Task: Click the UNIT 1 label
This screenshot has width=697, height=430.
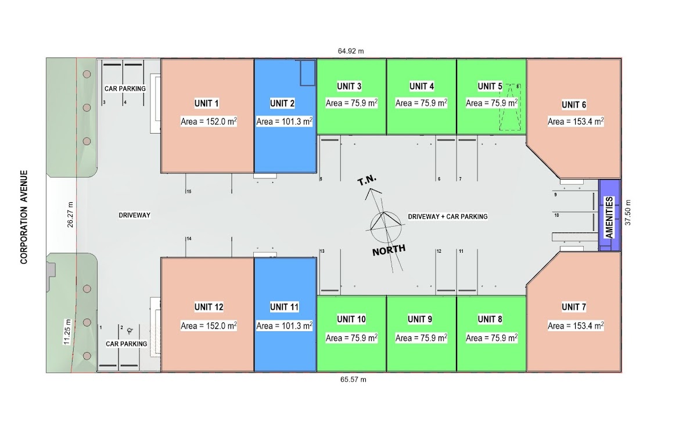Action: coord(206,103)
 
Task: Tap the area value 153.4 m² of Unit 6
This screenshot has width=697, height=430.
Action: coord(576,121)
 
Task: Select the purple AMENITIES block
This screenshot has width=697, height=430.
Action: coord(609,215)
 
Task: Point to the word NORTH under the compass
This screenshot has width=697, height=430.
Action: coord(389,250)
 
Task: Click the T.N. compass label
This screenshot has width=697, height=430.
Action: coord(367,180)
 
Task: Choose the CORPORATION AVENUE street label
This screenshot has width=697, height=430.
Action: coord(24,217)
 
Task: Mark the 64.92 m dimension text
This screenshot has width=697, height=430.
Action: coord(351,51)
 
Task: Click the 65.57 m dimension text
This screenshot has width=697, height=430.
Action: coord(353,379)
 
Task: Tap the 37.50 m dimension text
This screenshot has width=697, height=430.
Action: coord(628,212)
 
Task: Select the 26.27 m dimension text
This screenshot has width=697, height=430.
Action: coord(70,214)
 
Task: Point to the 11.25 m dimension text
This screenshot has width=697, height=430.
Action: coord(67,332)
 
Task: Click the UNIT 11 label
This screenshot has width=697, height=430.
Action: coord(284,307)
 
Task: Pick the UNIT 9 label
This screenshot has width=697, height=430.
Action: coord(420,319)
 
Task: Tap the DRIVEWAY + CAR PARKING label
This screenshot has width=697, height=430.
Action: coord(448,216)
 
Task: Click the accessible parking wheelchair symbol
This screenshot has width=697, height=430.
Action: coord(130,331)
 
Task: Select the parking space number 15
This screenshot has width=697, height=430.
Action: coord(189,192)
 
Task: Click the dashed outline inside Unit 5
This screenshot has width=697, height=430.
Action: coord(510,107)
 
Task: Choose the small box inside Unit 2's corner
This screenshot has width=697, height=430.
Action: coord(308,73)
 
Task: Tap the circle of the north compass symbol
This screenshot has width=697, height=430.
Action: coord(386,227)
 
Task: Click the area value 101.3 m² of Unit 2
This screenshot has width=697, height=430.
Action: coord(284,121)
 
